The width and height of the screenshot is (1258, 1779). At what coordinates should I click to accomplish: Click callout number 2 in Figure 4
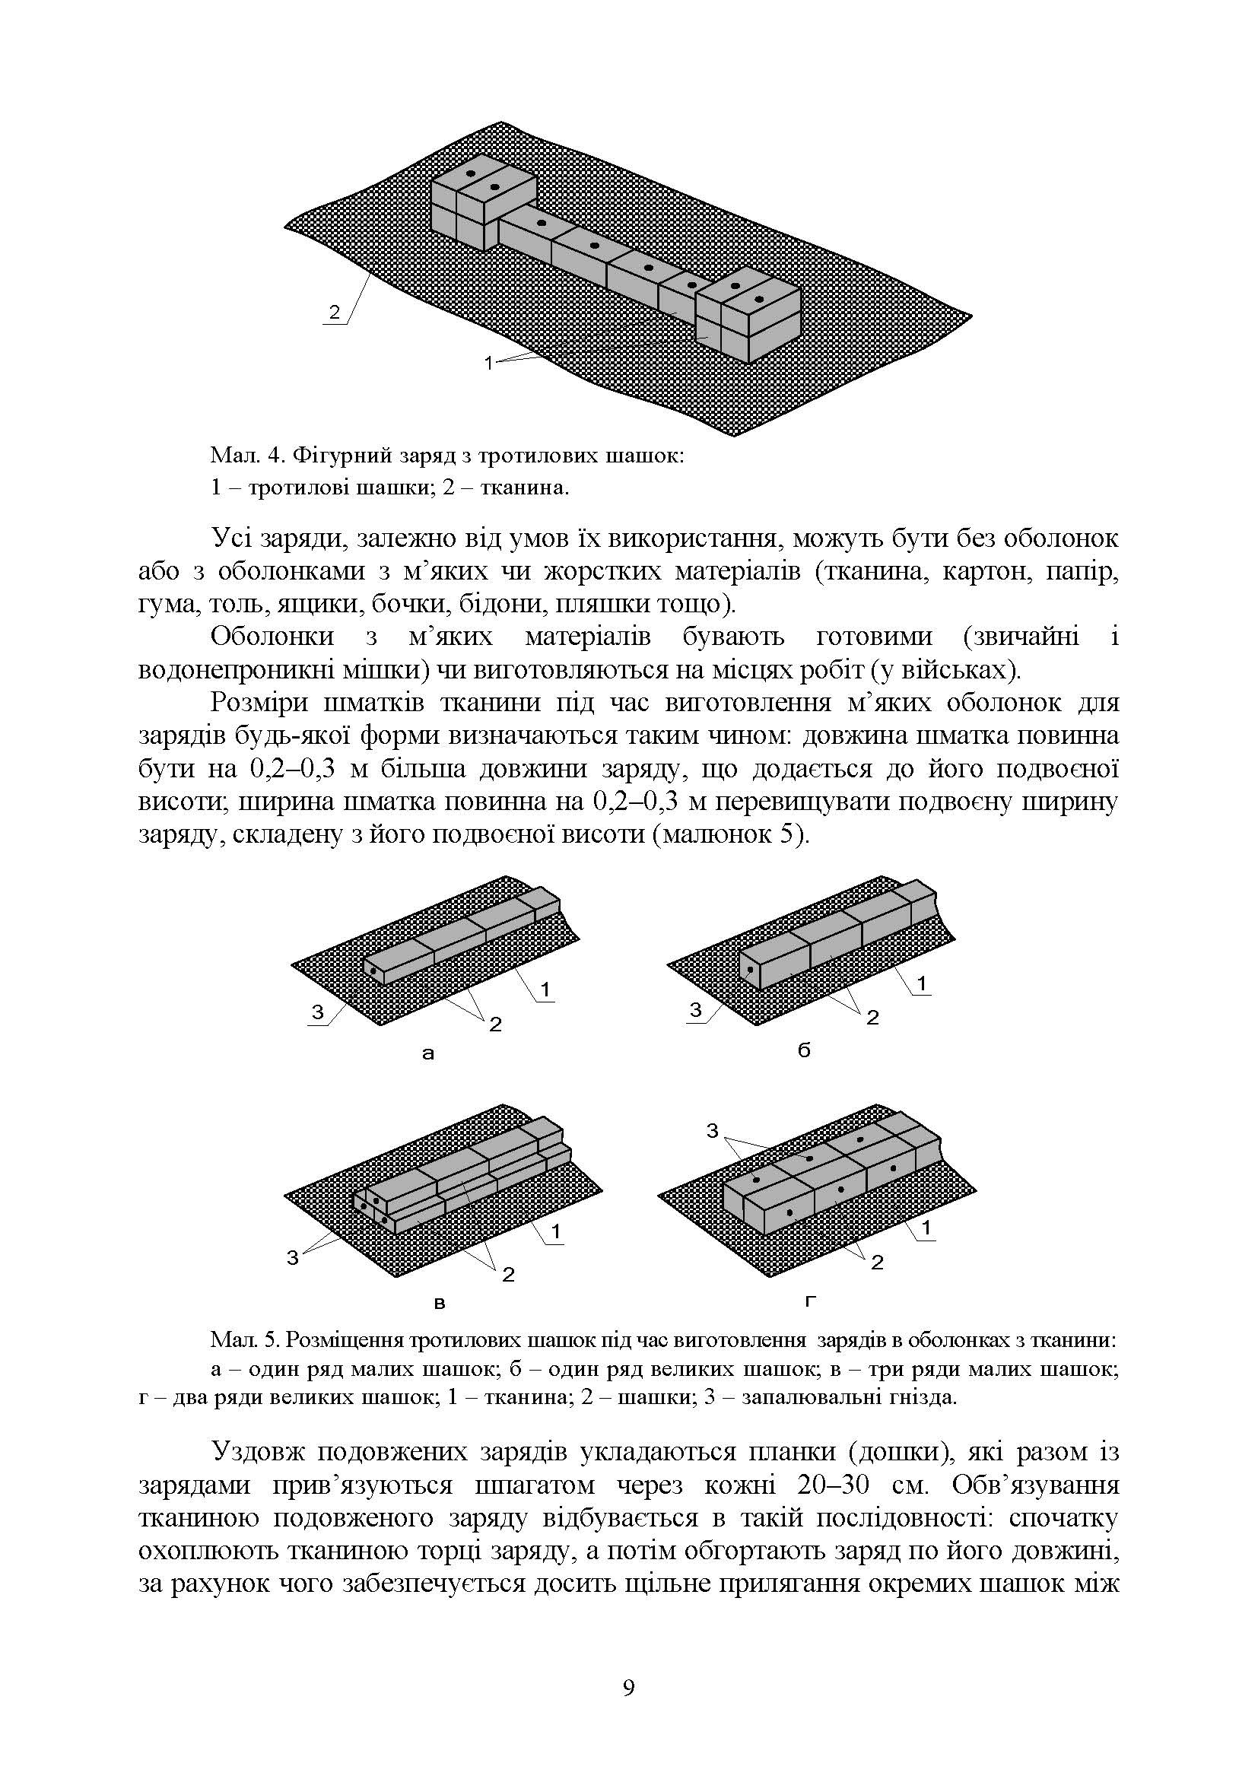pyautogui.click(x=334, y=313)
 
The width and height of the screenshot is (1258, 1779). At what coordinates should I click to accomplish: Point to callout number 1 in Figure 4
pyautogui.click(x=488, y=362)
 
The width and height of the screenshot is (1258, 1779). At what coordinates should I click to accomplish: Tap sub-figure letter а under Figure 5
pyautogui.click(x=428, y=1053)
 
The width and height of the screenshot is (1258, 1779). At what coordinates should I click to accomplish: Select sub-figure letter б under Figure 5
pyautogui.click(x=804, y=1051)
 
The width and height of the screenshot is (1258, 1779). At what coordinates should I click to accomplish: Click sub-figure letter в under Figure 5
pyautogui.click(x=440, y=1304)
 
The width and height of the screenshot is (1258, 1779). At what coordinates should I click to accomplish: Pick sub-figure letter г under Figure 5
pyautogui.click(x=810, y=1301)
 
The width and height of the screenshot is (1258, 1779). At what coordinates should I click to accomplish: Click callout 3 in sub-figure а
pyautogui.click(x=318, y=1011)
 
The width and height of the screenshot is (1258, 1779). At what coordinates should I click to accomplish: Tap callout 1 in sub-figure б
pyautogui.click(x=922, y=983)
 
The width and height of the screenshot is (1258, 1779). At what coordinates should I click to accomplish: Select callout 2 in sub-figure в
pyautogui.click(x=508, y=1274)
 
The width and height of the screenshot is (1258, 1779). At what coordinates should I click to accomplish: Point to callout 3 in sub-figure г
pyautogui.click(x=713, y=1131)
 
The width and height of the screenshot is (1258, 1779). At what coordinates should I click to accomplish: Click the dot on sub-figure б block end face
pyautogui.click(x=750, y=969)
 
